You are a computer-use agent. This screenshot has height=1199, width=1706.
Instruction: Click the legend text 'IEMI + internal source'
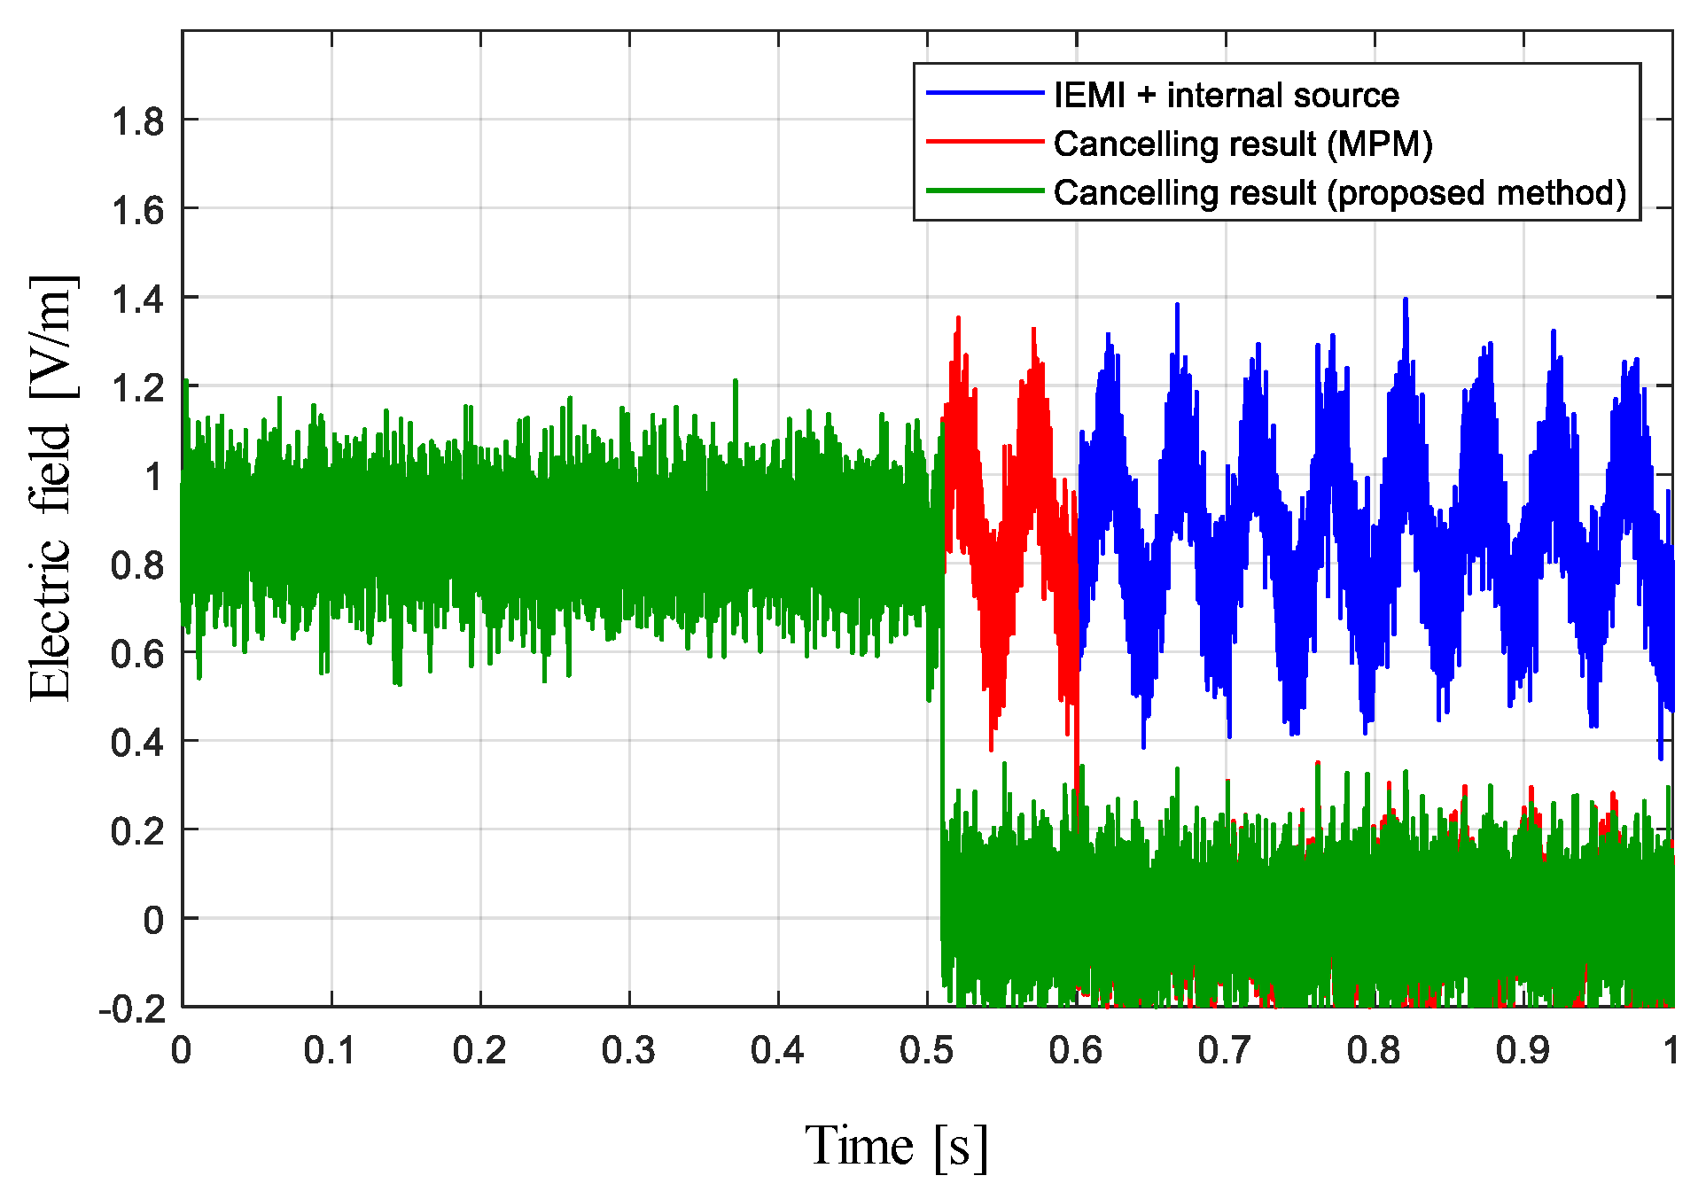[1226, 95]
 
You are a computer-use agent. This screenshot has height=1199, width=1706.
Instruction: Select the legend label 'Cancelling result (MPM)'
[1242, 144]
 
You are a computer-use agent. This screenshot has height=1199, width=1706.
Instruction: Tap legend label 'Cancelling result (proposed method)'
[1339, 192]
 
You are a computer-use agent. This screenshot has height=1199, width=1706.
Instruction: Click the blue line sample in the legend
[984, 93]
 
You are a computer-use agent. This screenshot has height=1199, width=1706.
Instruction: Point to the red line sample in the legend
[984, 142]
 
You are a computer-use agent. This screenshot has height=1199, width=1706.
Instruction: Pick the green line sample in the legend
[984, 191]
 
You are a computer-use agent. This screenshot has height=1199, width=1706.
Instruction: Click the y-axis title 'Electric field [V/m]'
[51, 488]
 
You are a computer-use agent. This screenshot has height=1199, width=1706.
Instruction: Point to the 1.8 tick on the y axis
[137, 121]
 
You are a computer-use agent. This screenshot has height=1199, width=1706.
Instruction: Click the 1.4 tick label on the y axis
[137, 300]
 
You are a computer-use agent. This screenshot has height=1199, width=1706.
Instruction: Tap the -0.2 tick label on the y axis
[133, 1008]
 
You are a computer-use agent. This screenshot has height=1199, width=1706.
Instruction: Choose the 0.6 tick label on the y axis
[137, 654]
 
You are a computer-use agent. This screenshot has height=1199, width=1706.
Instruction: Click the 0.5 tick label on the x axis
[926, 1051]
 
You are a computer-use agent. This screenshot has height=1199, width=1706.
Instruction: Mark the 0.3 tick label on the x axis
[628, 1051]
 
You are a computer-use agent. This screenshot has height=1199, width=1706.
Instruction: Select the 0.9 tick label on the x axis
[1523, 1051]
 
